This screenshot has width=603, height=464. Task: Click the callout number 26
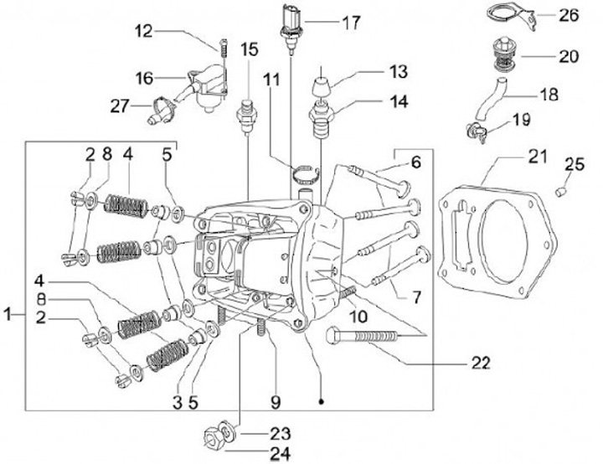pyautogui.click(x=569, y=14)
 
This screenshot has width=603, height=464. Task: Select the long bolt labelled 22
pyautogui.click(x=368, y=337)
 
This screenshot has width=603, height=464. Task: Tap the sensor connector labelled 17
pyautogui.click(x=289, y=21)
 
